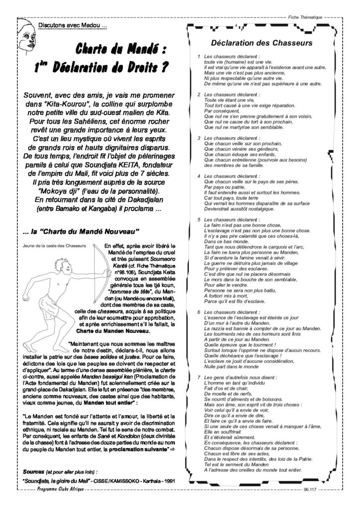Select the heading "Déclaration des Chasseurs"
(262, 43)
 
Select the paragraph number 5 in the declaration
(199, 219)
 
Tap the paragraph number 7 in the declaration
(199, 378)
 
